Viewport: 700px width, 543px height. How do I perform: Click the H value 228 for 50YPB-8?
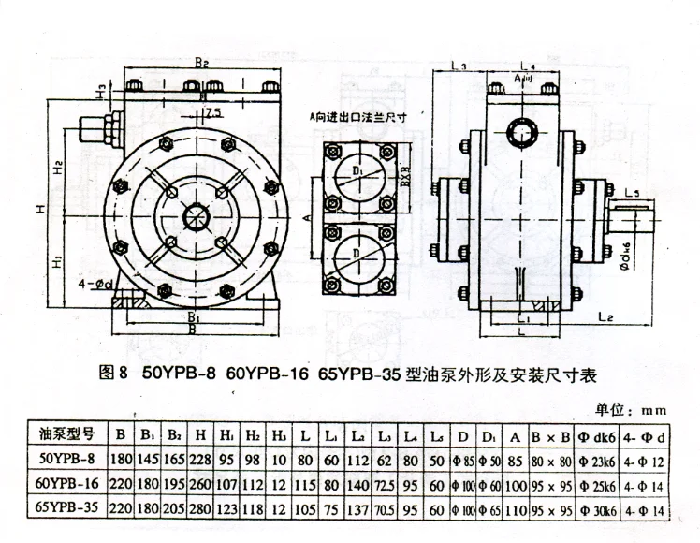tap(200, 461)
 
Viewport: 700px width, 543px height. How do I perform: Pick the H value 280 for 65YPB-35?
tap(200, 512)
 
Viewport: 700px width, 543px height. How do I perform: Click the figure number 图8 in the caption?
tap(112, 373)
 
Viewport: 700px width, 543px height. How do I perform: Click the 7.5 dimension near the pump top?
tap(212, 114)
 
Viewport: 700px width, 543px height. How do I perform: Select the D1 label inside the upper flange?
tap(360, 172)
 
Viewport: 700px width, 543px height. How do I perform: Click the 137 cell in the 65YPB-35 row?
tap(358, 512)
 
